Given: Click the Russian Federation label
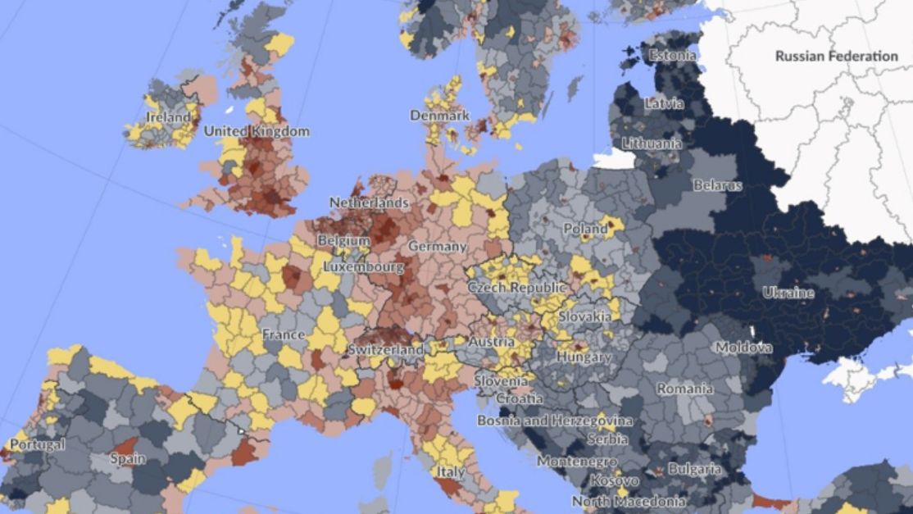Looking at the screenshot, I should tap(836, 57).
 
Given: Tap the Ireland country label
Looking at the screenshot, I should tap(168, 117).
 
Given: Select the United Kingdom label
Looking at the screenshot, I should tap(257, 131).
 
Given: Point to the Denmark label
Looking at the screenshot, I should tap(439, 116).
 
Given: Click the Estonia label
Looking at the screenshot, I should tap(672, 56).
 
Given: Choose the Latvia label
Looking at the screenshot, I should tap(664, 104).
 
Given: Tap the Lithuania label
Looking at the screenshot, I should tap(652, 143).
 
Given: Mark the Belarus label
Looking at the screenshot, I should tap(717, 185).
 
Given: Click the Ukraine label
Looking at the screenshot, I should tap(788, 293).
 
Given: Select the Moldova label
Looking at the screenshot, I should tap(743, 348).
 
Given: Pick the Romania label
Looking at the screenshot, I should tap(684, 389).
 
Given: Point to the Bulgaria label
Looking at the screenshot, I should tap(695, 470).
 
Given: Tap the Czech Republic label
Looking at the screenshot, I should tap(516, 288).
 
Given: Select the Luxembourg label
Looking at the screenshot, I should tap(363, 267).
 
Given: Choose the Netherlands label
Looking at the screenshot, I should tap(369, 202).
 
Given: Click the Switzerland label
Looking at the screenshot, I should tap(385, 349).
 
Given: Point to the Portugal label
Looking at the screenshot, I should tap(37, 445).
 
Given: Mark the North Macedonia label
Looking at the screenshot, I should tap(628, 501).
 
